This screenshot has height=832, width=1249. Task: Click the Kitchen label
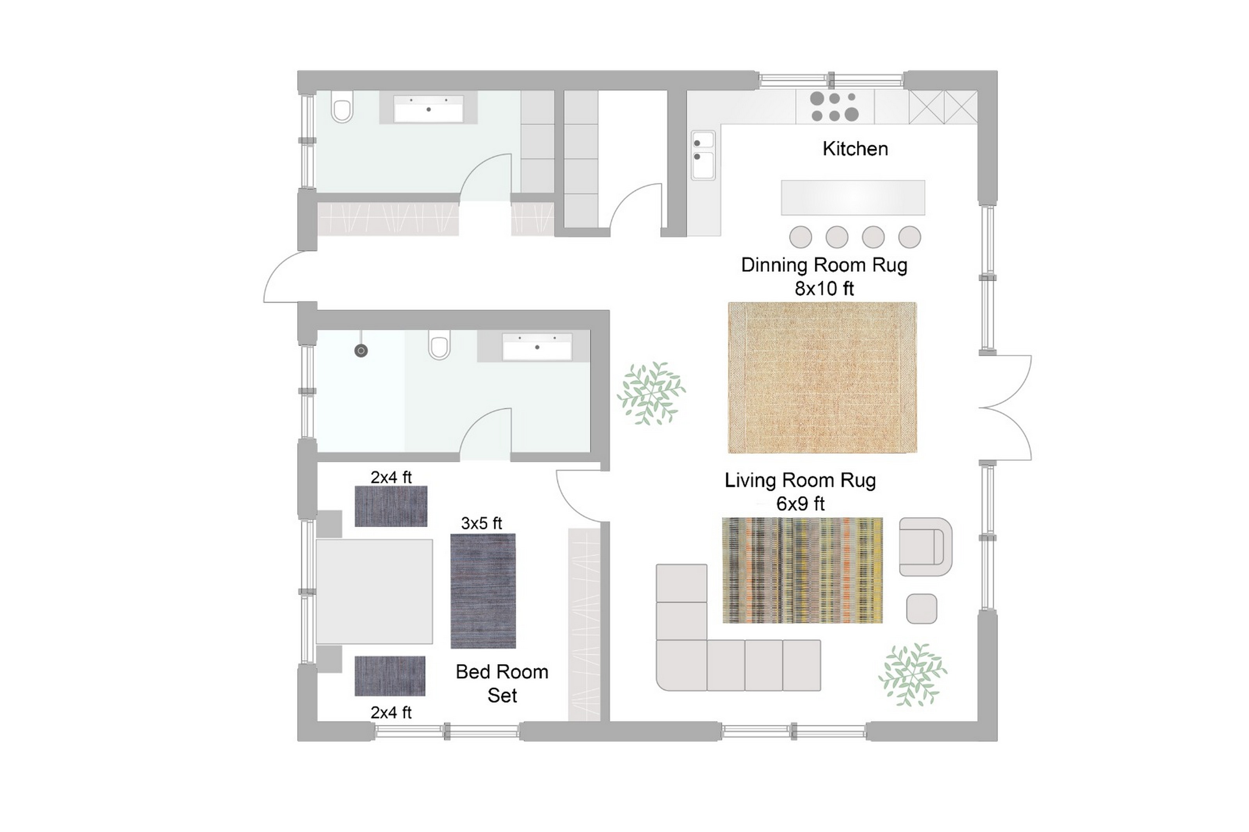tap(855, 149)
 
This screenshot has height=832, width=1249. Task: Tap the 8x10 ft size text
tap(824, 289)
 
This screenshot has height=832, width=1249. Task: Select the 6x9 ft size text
tap(800, 503)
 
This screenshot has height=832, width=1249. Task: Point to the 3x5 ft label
tap(481, 524)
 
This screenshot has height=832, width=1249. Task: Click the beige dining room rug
tap(822, 378)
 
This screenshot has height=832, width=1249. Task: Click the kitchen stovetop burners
tap(834, 107)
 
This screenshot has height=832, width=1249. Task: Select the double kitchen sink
tap(703, 155)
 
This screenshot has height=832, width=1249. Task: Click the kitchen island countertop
tap(853, 197)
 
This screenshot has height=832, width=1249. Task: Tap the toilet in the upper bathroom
tap(342, 108)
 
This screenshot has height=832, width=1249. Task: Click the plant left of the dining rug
tap(651, 393)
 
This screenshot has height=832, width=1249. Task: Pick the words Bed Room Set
tap(502, 683)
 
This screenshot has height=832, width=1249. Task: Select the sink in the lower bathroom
tap(537, 347)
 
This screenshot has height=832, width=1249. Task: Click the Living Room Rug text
tap(800, 480)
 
